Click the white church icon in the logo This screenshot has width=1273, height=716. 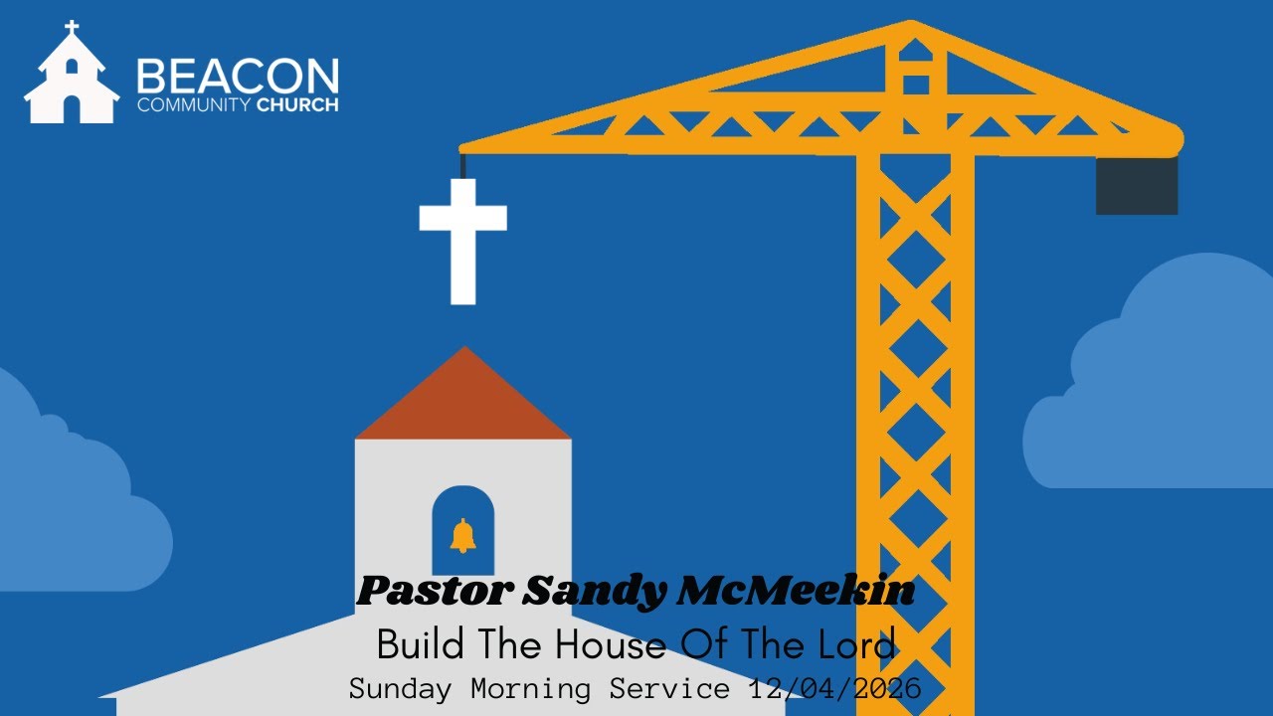[x=71, y=78]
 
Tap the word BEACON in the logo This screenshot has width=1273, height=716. [x=238, y=76]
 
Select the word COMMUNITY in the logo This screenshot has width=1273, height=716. [x=194, y=104]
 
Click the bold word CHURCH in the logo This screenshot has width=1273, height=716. [x=297, y=104]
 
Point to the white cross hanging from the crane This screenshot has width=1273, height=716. [x=462, y=239]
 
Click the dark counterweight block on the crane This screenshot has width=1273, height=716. [x=1137, y=185]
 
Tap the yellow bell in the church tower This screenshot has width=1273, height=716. [x=462, y=536]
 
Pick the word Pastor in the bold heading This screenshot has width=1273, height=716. [x=434, y=593]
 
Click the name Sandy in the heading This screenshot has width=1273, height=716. [x=595, y=593]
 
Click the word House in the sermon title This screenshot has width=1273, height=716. [x=608, y=646]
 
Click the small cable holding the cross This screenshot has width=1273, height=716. [x=462, y=166]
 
